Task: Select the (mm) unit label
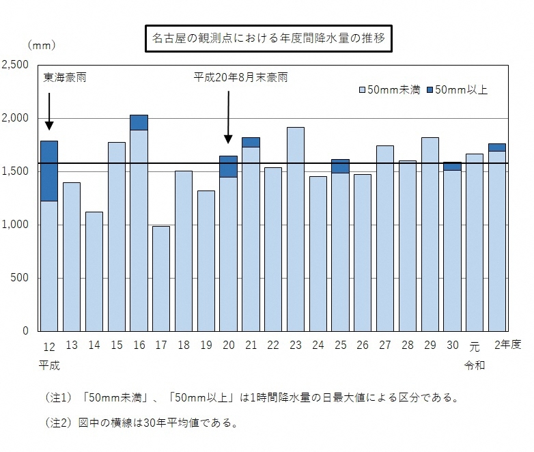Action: click(x=42, y=45)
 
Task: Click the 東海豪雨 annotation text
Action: click(x=65, y=78)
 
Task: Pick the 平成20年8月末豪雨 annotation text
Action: click(x=240, y=78)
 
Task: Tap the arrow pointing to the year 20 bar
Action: click(x=228, y=116)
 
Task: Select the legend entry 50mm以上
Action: click(x=457, y=89)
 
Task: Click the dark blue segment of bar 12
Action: click(x=49, y=171)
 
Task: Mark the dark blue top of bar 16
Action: click(x=139, y=122)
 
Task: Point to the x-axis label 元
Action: click(x=475, y=345)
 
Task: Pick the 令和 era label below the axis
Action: click(x=475, y=365)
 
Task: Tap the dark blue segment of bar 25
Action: click(x=340, y=166)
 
